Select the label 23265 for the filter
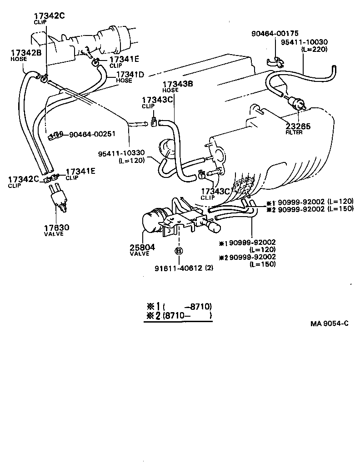point(298,126)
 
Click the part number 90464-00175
point(274,33)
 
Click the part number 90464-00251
point(92,134)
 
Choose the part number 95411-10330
point(121,153)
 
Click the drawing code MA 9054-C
point(330,323)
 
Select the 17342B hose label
point(26,53)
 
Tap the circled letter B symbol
point(179,251)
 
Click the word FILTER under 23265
point(294,133)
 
